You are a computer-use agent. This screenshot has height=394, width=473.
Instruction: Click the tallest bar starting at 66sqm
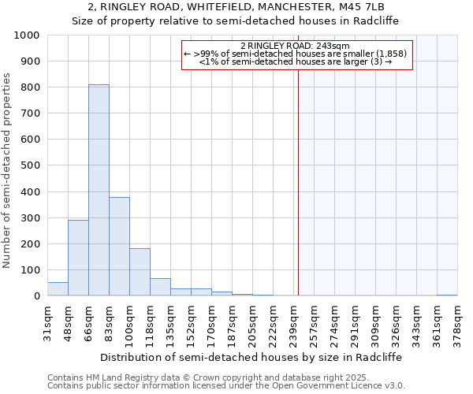click(x=99, y=190)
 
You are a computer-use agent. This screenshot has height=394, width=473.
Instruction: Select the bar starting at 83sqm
click(x=119, y=246)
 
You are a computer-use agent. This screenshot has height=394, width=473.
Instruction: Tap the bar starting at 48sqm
click(x=78, y=258)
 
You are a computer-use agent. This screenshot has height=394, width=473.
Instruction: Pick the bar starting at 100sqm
click(x=140, y=272)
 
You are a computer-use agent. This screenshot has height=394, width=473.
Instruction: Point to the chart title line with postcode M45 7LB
click(x=236, y=7)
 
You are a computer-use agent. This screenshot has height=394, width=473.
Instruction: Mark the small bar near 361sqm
click(x=447, y=295)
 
